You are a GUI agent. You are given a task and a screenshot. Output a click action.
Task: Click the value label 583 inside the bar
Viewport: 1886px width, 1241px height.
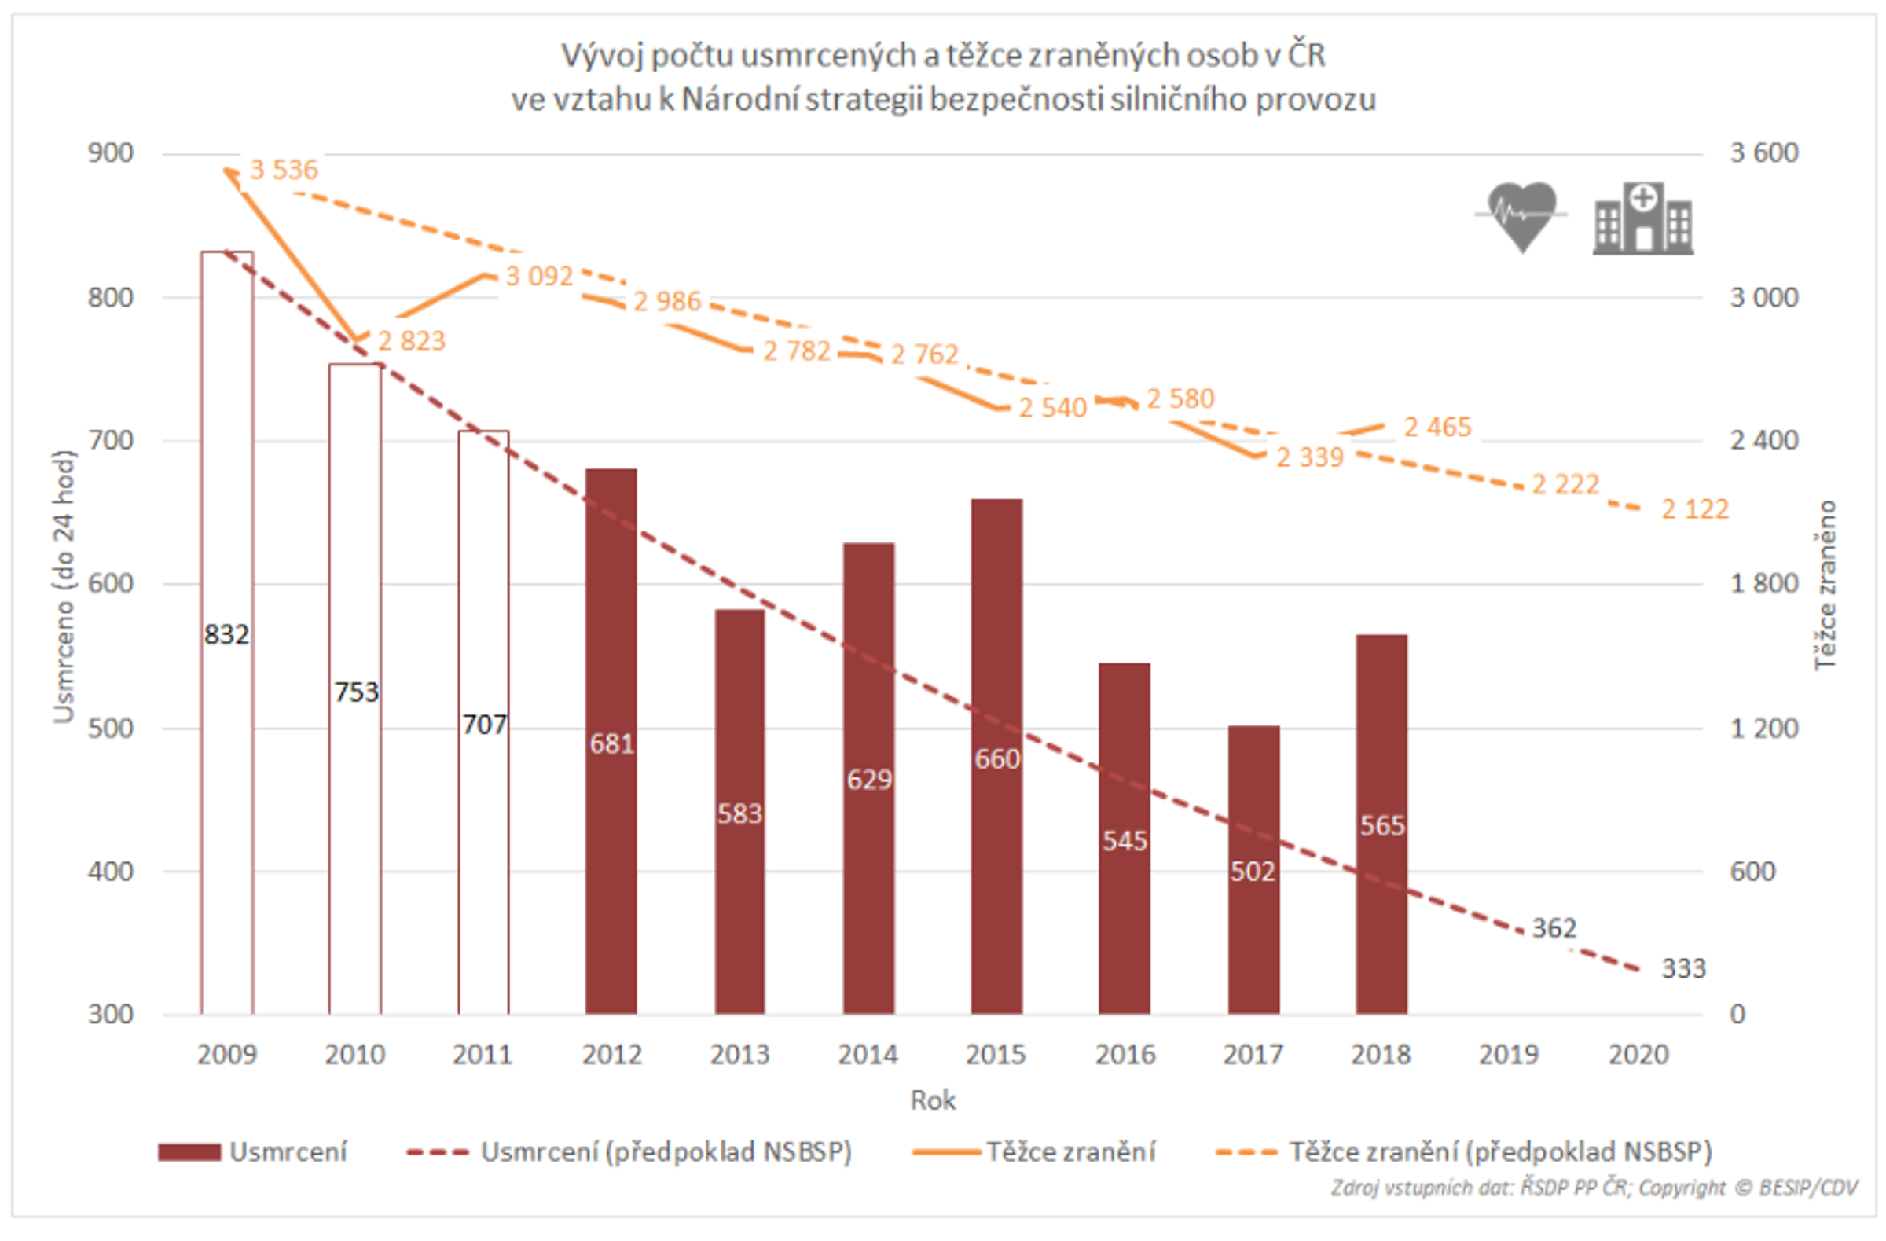(739, 814)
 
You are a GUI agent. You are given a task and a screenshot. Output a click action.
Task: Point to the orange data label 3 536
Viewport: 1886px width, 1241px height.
(284, 170)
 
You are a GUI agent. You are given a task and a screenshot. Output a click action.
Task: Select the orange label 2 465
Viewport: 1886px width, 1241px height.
(1437, 428)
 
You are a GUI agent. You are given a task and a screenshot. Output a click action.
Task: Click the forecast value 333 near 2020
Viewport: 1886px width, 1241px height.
(1683, 968)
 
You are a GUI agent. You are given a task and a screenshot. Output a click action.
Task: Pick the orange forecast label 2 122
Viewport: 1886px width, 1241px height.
(1694, 509)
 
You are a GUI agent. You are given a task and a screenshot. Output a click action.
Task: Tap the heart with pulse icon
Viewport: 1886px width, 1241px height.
(1521, 216)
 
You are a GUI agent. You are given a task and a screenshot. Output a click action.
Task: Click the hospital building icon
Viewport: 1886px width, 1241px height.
(1642, 218)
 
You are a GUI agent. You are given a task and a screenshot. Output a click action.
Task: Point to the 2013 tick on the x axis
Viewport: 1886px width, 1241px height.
(739, 1055)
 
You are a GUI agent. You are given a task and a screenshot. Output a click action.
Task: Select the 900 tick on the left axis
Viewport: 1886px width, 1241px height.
(111, 153)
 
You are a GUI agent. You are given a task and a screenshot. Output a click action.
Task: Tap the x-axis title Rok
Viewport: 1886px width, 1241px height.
(933, 1101)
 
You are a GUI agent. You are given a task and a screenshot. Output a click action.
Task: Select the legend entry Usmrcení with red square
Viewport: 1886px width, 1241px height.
(254, 1152)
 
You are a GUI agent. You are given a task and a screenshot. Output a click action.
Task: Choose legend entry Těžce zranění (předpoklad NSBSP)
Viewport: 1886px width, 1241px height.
(1465, 1152)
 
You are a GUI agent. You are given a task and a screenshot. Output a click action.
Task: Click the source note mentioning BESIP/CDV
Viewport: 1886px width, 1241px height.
(1594, 1188)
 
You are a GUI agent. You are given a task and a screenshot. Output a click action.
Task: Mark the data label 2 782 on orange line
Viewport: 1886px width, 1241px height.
(795, 351)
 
